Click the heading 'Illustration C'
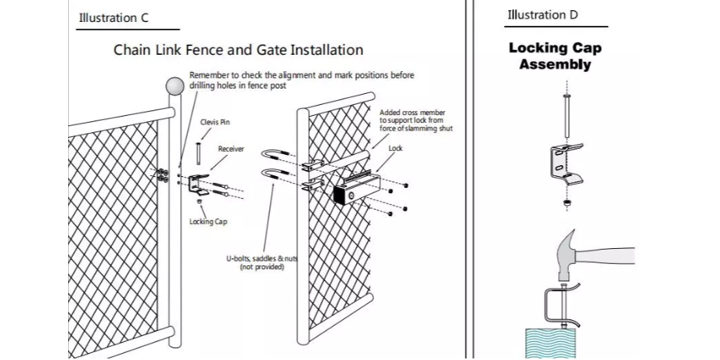pyautogui.click(x=113, y=17)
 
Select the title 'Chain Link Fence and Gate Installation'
pyautogui.click(x=238, y=50)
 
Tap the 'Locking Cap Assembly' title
pyautogui.click(x=555, y=56)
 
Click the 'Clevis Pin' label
pyautogui.click(x=215, y=122)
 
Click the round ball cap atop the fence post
pyautogui.click(x=174, y=87)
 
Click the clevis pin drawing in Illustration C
pyautogui.click(x=198, y=149)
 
